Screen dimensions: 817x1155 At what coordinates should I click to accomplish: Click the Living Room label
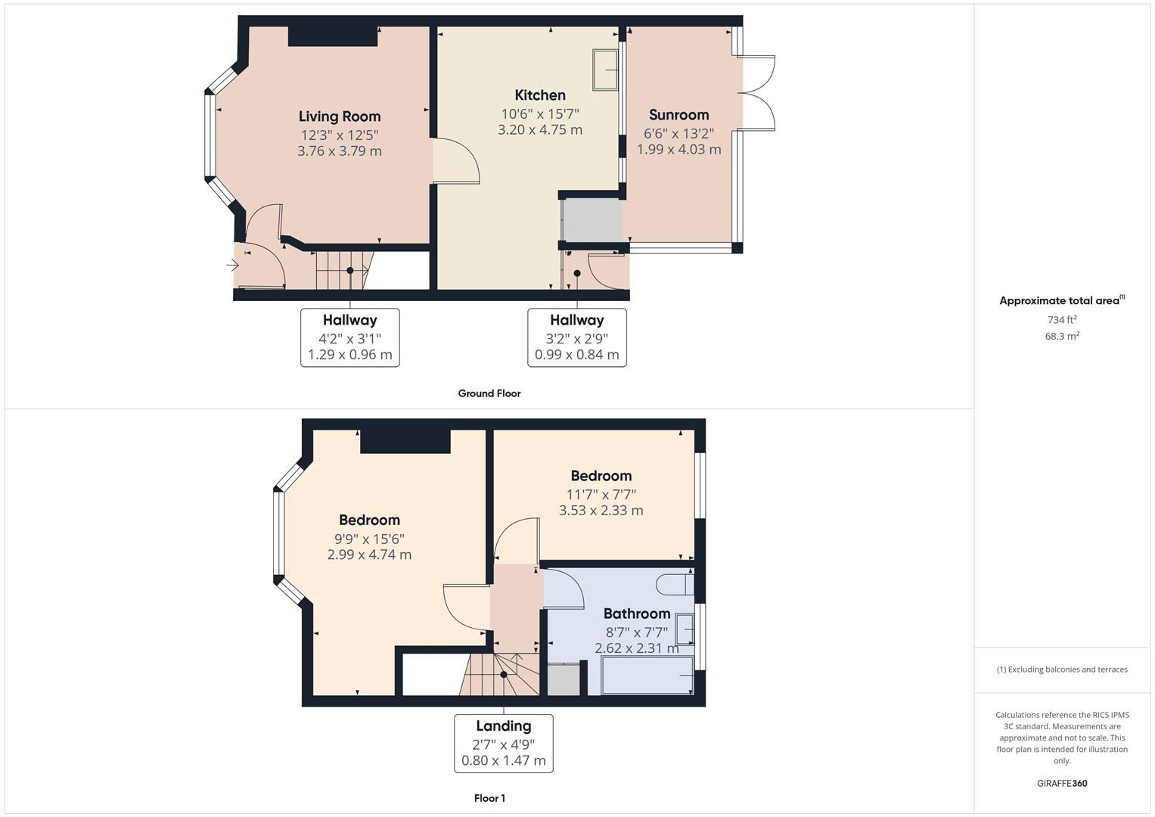[339, 116]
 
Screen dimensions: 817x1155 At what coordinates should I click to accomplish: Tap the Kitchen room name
[539, 95]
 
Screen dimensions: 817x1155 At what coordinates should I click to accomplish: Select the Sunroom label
[678, 114]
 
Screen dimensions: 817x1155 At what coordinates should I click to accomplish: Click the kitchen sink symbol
[606, 70]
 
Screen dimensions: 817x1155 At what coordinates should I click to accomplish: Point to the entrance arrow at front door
[232, 265]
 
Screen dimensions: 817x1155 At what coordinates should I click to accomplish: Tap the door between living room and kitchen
[456, 161]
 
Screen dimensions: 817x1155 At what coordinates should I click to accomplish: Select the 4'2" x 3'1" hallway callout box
[349, 337]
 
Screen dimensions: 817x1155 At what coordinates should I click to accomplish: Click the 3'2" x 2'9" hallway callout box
[576, 337]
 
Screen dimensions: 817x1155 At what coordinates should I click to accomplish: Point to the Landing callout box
[503, 743]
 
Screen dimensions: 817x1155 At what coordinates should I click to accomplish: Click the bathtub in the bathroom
[647, 675]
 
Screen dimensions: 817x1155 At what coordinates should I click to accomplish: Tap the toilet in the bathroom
[674, 584]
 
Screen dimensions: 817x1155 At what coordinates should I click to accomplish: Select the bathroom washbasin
[685, 629]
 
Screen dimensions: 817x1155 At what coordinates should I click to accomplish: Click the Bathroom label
[636, 614]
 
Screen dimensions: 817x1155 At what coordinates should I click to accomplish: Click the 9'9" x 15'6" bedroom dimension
[369, 539]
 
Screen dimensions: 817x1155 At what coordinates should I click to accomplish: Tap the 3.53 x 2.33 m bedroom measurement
[601, 511]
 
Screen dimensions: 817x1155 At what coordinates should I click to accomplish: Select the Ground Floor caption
[489, 393]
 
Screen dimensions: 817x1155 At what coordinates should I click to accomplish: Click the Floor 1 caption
[489, 798]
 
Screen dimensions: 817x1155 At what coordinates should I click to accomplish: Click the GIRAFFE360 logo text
[1061, 783]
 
